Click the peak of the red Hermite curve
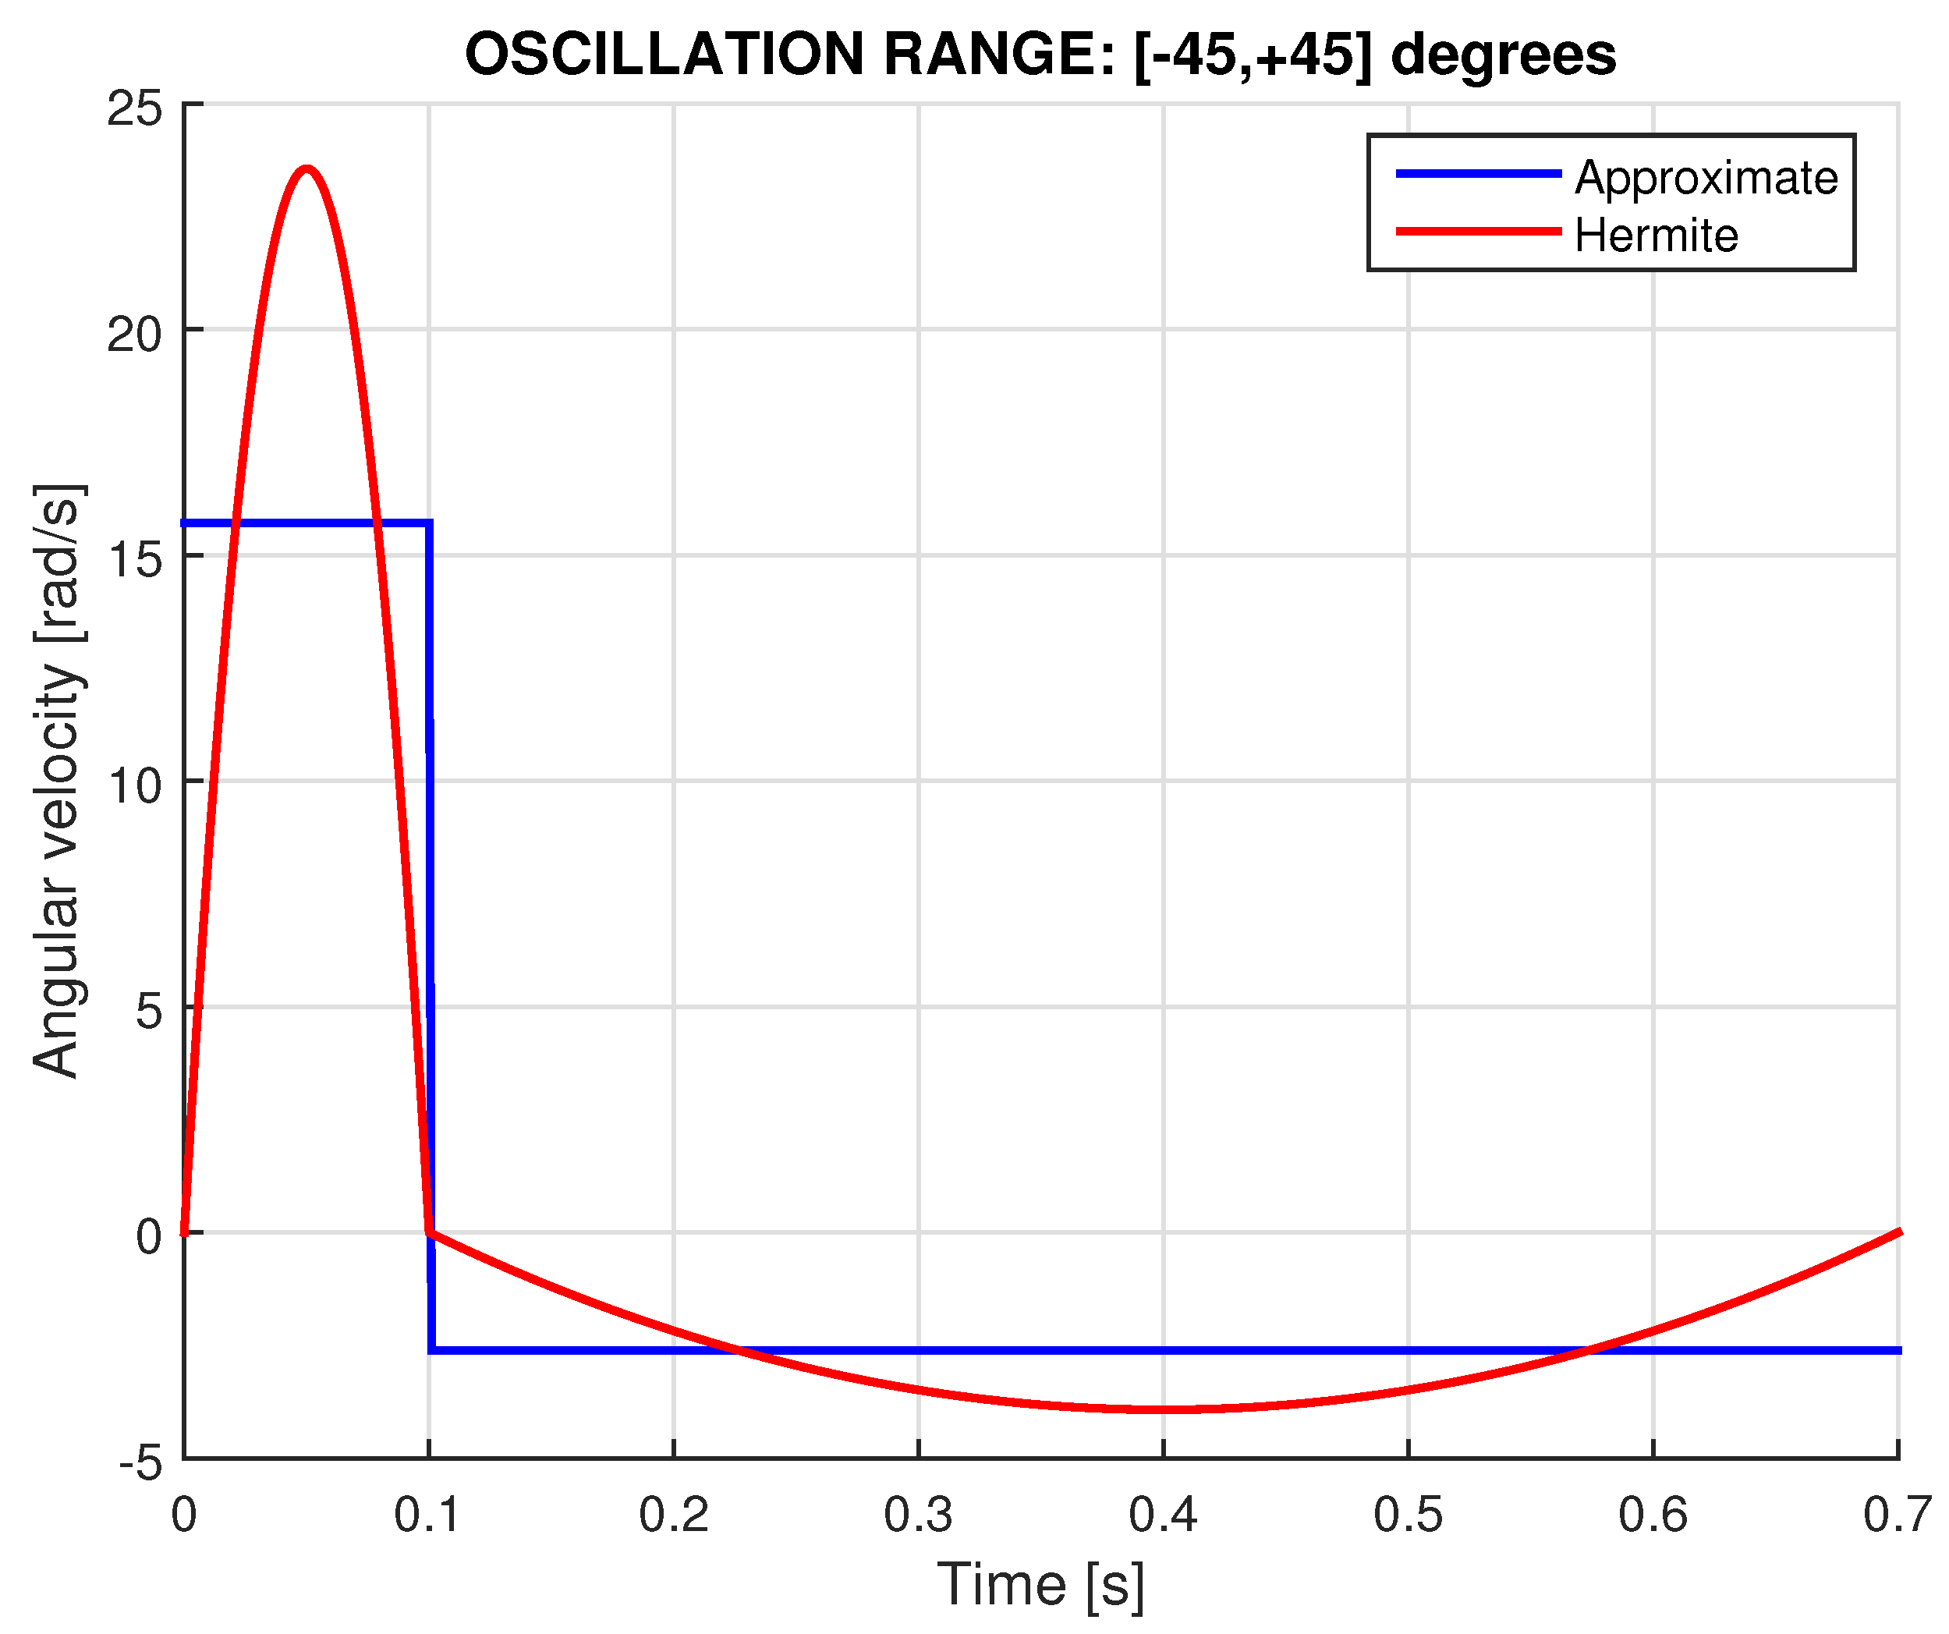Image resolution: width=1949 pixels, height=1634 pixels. (x=307, y=169)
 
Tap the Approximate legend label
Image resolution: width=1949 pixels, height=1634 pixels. (x=1706, y=177)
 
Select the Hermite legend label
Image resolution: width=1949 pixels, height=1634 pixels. (x=1657, y=235)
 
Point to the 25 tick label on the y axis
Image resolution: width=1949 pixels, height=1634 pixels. (x=135, y=109)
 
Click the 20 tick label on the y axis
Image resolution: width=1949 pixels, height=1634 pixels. (x=135, y=334)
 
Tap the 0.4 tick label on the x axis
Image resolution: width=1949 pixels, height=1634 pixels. (x=1163, y=1515)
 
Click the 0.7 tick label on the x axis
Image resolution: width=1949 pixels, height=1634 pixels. (x=1897, y=1515)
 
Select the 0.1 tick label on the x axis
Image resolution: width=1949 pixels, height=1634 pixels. (x=428, y=1515)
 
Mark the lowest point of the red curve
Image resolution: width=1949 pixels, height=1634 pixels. (x=1174, y=1409)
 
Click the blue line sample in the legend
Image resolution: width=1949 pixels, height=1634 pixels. (x=1479, y=173)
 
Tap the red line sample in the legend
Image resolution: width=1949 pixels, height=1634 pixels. (x=1479, y=231)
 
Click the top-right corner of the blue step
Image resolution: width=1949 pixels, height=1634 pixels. (x=429, y=524)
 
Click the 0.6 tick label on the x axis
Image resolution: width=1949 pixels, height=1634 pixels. (x=1653, y=1515)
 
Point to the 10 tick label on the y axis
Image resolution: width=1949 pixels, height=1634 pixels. (x=135, y=786)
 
